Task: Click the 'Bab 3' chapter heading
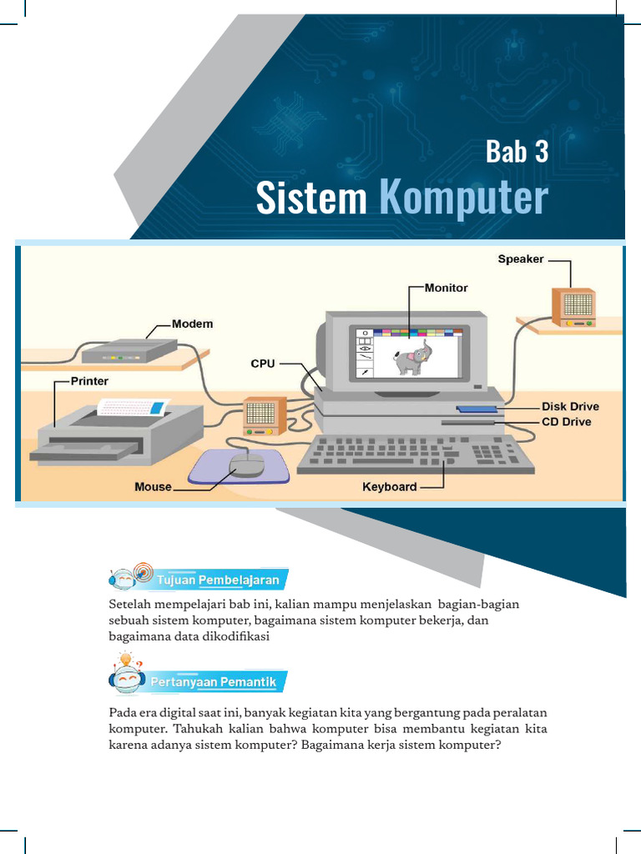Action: pos(517,152)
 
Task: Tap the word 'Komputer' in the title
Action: pos(463,198)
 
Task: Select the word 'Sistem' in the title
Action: pos(311,198)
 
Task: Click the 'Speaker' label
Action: pos(521,259)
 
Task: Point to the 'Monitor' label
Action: pos(446,288)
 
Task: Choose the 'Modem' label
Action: pos(192,324)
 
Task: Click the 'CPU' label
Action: pos(263,364)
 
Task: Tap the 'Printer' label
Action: pos(89,381)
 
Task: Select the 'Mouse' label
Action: pos(153,486)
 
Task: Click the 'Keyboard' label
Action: pos(389,486)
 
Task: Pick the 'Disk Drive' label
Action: pos(570,407)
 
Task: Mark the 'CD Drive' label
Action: pos(566,422)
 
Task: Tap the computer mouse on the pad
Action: pos(247,464)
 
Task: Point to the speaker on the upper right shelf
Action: pos(574,306)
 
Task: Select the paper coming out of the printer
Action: pos(134,408)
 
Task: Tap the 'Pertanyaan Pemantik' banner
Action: pos(213,682)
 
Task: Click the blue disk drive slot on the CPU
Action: pos(476,409)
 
